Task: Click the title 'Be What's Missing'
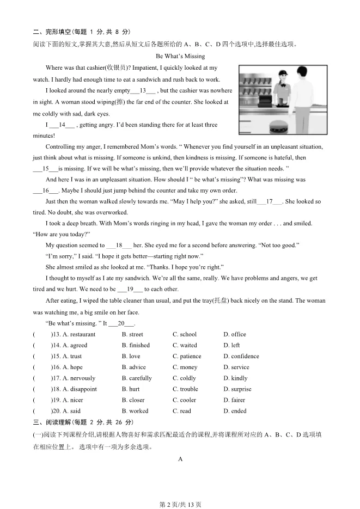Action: click(x=180, y=56)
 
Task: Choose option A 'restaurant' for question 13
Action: click(x=79, y=334)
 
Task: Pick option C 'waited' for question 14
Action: click(x=185, y=345)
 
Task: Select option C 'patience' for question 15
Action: click(x=187, y=356)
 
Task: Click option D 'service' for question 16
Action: click(x=236, y=367)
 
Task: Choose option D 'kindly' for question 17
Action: click(x=235, y=378)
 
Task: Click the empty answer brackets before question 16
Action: click(x=41, y=367)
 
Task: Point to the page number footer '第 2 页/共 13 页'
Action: click(x=180, y=504)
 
